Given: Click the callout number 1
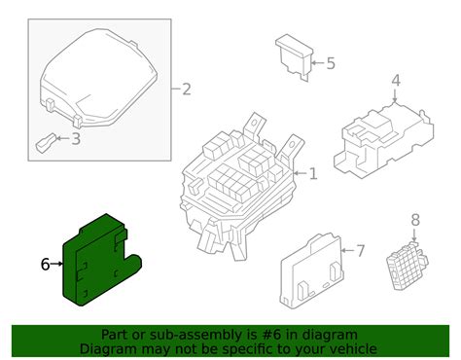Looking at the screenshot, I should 313,175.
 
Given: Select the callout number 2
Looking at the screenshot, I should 187,90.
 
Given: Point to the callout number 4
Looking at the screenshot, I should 396,80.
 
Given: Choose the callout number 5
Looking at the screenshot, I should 331,63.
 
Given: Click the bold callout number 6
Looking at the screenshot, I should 45,264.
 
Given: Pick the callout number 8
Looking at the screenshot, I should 415,220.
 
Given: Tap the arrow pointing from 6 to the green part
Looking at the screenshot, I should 59,264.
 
